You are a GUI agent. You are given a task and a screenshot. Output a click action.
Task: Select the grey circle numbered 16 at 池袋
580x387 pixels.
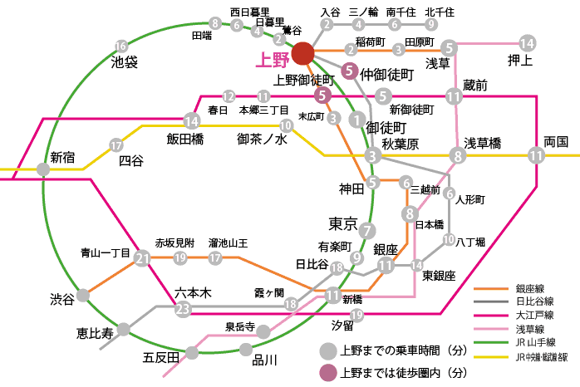click(122, 46)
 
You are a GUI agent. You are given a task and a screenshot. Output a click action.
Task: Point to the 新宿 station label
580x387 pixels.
click(62, 156)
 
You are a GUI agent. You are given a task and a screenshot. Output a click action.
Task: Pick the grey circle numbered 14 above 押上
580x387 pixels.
click(526, 42)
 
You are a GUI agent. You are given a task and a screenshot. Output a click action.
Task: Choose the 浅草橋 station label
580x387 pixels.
click(482, 143)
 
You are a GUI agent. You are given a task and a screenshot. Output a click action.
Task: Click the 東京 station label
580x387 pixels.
click(342, 223)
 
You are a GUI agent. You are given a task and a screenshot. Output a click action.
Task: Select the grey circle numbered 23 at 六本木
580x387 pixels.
click(184, 310)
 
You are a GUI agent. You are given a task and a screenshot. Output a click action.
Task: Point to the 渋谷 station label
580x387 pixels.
click(61, 298)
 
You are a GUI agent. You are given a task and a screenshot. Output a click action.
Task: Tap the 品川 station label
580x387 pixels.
click(264, 360)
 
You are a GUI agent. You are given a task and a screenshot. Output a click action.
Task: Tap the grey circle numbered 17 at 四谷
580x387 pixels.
click(116, 146)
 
